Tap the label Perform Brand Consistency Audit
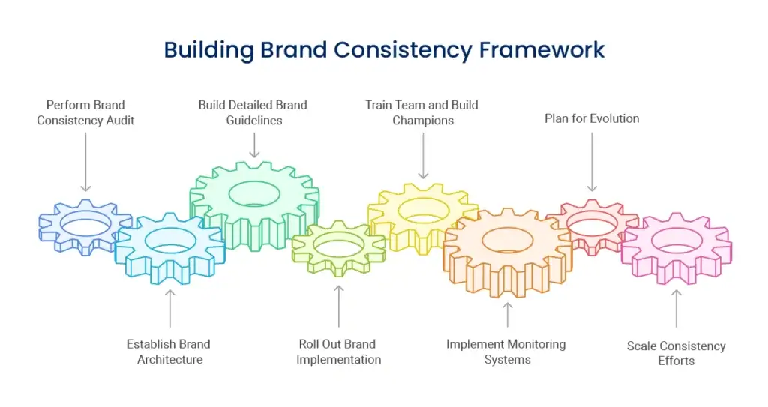[x=85, y=112]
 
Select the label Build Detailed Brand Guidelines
[x=253, y=112]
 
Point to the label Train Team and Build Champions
[x=422, y=112]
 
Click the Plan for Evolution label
[x=592, y=118]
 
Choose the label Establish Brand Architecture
[x=169, y=352]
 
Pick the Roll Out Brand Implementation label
[x=338, y=352]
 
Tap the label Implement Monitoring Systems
[x=506, y=352]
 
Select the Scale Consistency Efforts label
[x=676, y=353]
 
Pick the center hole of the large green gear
[x=254, y=193]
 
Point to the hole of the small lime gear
[x=339, y=246]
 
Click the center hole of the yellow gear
[x=423, y=210]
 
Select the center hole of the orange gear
[x=507, y=241]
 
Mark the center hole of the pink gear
[x=676, y=240]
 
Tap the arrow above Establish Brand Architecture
[x=170, y=307]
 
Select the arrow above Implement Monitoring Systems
[x=507, y=314]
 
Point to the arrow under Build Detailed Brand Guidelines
[x=254, y=145]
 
